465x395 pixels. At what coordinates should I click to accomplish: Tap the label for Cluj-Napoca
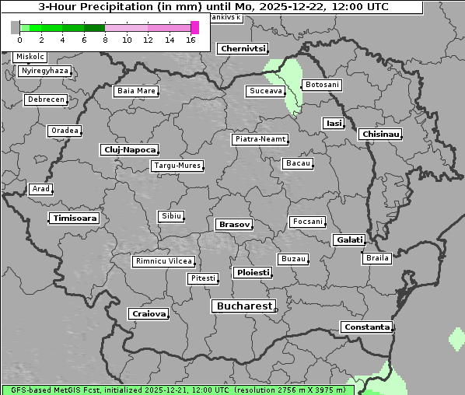coord(129,149)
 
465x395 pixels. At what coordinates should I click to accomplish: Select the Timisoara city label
coord(75,218)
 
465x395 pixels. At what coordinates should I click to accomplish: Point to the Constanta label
coord(366,327)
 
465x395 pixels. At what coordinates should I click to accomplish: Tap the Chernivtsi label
coord(243,48)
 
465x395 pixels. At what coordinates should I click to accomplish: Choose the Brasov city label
coord(234,224)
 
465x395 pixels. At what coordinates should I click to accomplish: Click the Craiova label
coord(149,314)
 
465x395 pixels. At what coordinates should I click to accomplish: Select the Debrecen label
coord(45,100)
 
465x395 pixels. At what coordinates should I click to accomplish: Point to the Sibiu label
coord(170,215)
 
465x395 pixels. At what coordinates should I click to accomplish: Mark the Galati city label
coord(348,239)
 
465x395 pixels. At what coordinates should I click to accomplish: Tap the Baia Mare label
coord(136,91)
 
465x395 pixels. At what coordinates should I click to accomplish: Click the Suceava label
coord(265,91)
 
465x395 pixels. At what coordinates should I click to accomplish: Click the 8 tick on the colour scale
coord(105,40)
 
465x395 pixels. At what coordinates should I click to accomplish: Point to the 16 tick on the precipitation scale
coord(191,40)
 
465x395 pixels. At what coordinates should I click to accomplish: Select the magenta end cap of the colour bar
coord(195,27)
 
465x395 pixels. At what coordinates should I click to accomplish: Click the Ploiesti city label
coord(253,273)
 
